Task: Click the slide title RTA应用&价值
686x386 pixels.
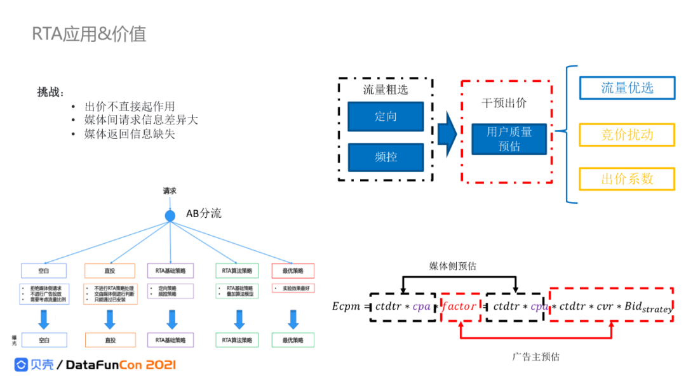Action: tap(89, 34)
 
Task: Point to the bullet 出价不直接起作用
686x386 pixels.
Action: tap(130, 107)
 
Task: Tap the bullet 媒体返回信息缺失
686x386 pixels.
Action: tap(130, 134)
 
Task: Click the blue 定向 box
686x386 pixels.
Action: tap(386, 117)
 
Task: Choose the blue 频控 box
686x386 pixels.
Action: tap(386, 156)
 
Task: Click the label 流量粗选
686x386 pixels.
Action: tap(386, 90)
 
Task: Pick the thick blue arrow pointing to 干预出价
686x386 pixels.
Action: tap(447, 135)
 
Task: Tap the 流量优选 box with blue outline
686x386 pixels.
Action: tap(627, 88)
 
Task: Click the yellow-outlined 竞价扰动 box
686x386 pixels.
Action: tap(627, 135)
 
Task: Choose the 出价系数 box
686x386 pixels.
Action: tap(627, 179)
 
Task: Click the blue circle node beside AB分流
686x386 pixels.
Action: tap(170, 216)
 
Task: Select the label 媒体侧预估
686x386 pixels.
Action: tap(453, 266)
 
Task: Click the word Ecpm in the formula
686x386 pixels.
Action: tap(347, 307)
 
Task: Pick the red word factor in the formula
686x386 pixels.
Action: tap(459, 307)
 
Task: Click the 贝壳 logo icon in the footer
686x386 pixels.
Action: tap(22, 364)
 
